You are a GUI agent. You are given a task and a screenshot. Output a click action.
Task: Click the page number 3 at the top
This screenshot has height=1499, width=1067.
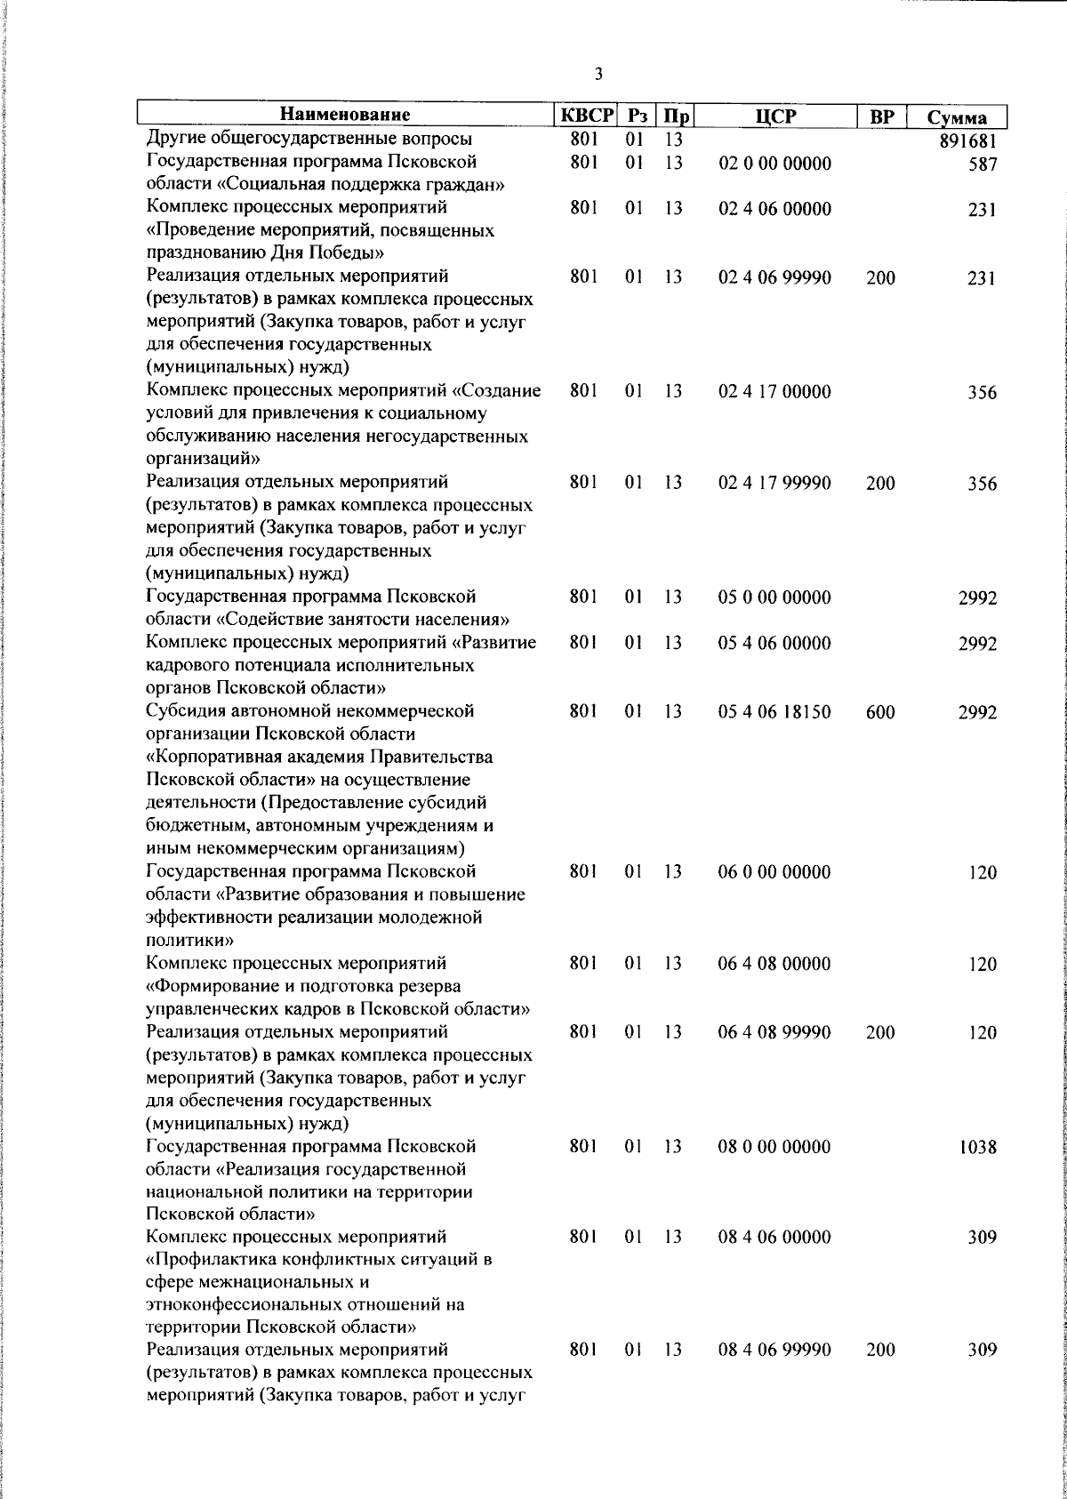[x=598, y=75]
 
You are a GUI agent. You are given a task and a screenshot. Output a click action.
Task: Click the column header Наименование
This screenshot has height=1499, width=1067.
[x=346, y=116]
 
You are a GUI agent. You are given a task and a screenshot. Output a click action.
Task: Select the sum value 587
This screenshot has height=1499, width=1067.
[x=983, y=164]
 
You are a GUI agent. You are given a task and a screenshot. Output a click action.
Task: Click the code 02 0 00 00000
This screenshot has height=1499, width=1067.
[x=774, y=164]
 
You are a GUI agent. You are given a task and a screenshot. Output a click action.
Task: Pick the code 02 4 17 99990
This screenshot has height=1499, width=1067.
[x=774, y=483]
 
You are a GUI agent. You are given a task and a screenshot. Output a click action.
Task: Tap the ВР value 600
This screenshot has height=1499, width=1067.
[x=880, y=712]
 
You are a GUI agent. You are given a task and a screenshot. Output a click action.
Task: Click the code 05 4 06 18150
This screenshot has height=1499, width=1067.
[x=774, y=711]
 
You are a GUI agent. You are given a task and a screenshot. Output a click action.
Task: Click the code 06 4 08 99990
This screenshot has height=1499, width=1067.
[x=774, y=1032]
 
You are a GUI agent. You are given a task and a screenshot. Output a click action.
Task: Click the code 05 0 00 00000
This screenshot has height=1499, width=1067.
[x=774, y=597]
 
